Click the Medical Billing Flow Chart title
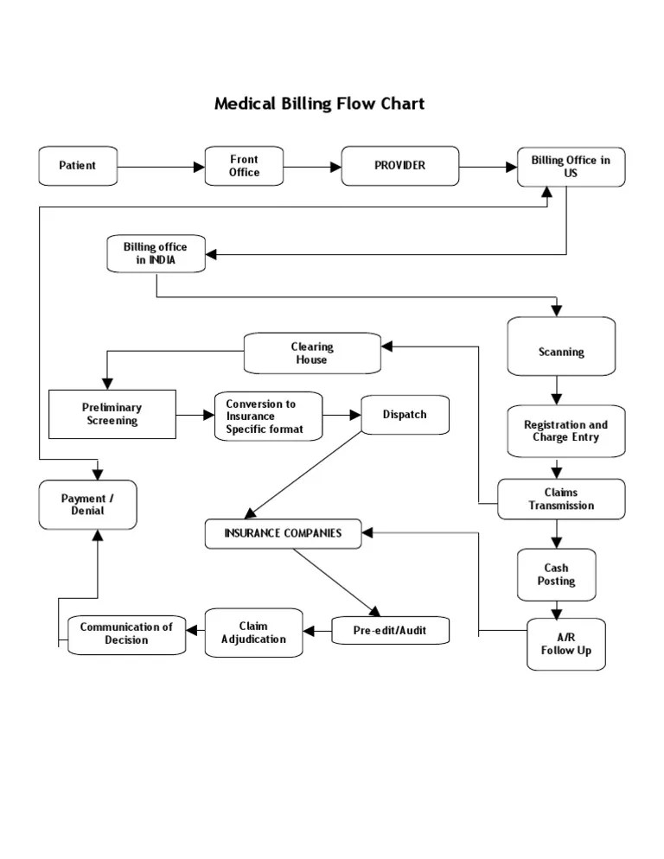pos(319,105)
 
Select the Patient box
pos(78,165)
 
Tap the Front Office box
pos(244,165)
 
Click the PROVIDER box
pos(399,165)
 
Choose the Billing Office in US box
pos(571,166)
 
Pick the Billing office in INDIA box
pos(156,253)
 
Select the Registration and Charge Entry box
pos(565,430)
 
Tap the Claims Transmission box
pos(561,499)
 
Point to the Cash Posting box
pos(556,575)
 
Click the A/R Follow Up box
pos(566,644)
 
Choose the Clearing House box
pos(312,353)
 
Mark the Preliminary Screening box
pos(112,414)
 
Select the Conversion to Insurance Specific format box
pos(268,417)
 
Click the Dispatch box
pos(405,415)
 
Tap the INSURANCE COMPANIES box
pos(283,533)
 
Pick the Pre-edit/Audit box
pos(391,631)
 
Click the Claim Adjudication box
pos(253,633)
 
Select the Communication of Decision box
pos(126,633)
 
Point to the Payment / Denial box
pos(87,505)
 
